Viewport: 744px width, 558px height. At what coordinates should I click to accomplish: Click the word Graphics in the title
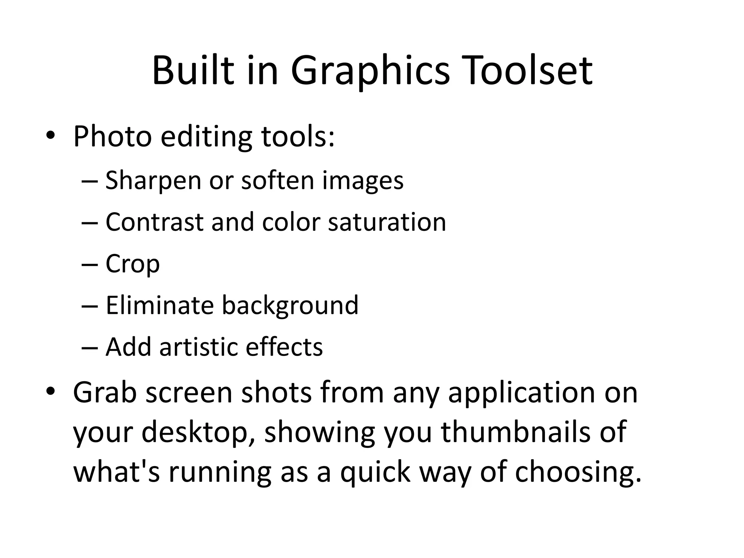pos(370,71)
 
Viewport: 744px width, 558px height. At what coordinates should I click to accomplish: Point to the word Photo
pos(112,137)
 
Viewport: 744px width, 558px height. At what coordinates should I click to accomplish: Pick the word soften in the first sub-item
pos(277,180)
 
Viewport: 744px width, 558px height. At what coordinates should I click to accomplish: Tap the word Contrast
pos(154,222)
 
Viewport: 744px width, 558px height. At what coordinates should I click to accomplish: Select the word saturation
pos(387,222)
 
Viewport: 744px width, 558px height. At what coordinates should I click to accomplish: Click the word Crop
pos(133,264)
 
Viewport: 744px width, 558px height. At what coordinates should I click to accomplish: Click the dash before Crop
pos(90,264)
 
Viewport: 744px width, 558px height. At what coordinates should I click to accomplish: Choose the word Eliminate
pos(159,305)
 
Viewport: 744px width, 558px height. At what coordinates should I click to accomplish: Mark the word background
pos(290,306)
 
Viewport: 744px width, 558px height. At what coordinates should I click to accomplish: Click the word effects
pos(284,347)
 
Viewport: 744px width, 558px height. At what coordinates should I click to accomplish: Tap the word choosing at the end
pos(578,473)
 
